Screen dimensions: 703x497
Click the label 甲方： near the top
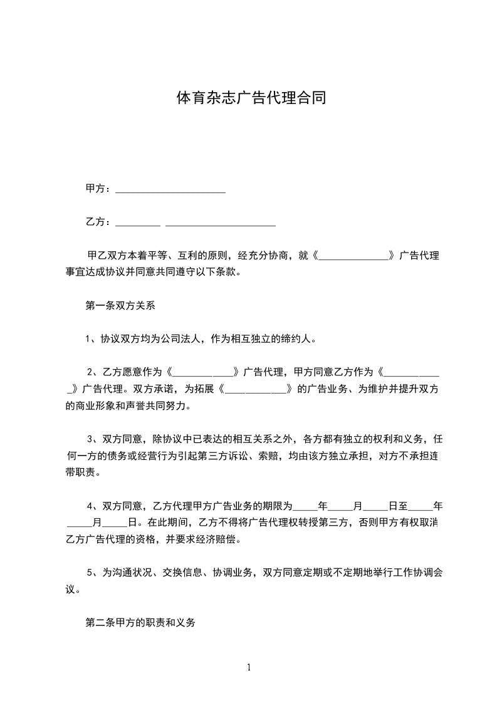click(98, 189)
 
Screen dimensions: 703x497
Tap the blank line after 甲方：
click(170, 190)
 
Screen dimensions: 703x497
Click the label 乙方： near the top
click(98, 222)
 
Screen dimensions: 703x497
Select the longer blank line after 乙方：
click(220, 223)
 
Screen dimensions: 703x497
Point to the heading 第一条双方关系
click(120, 306)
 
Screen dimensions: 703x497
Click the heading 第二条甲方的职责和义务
click(140, 623)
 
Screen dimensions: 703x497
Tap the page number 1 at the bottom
click(249, 667)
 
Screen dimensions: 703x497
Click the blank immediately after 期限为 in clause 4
click(305, 506)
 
